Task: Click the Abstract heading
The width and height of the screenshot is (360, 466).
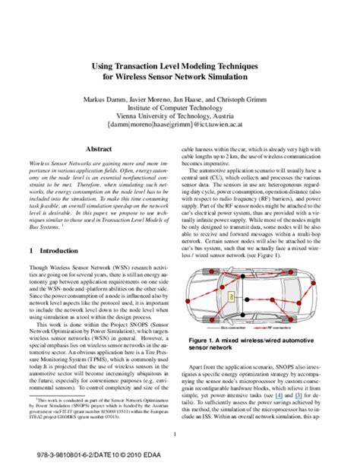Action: (99, 151)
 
